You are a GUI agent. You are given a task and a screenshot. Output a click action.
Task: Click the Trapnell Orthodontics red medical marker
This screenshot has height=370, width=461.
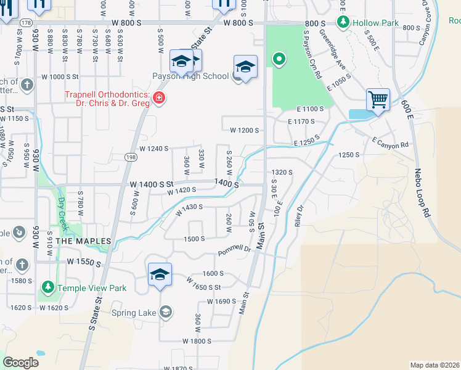[x=159, y=98]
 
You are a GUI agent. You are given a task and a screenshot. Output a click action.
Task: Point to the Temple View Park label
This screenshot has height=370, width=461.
[x=91, y=287]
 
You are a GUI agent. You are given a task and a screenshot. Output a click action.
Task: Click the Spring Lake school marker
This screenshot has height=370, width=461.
[x=165, y=313]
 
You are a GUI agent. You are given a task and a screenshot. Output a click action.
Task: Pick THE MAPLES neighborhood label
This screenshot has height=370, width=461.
[x=83, y=240]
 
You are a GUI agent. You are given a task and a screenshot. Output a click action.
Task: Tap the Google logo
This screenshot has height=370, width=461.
[x=20, y=363]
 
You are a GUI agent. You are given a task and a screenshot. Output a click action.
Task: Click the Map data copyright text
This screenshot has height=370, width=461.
[x=434, y=365]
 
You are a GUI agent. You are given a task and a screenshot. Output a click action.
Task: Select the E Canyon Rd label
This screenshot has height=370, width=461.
[x=390, y=142]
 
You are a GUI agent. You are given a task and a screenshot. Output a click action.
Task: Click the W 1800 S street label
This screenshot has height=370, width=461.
[x=197, y=340]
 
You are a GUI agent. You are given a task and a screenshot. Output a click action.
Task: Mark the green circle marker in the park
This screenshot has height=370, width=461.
[x=279, y=59]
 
